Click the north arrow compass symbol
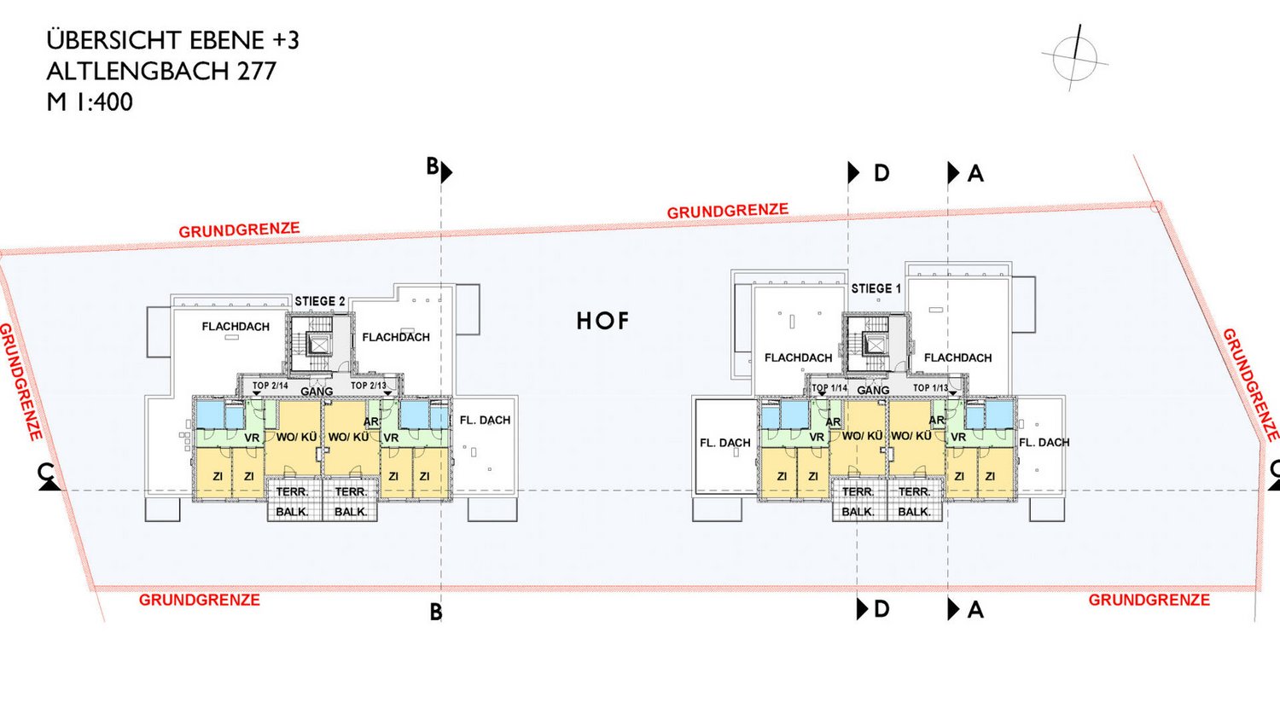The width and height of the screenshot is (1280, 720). [x=1074, y=58]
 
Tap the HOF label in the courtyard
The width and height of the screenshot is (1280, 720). [x=602, y=321]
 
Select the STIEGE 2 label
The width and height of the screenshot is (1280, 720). [x=320, y=301]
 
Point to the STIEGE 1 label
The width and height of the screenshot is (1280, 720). [x=876, y=288]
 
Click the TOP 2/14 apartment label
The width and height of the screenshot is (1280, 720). [x=271, y=386]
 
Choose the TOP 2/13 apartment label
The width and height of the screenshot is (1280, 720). [x=369, y=386]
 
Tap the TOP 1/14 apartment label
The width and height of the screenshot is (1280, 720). [x=829, y=388]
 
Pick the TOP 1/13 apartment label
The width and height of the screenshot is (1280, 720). [x=930, y=388]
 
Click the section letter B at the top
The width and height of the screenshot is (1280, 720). [x=433, y=166]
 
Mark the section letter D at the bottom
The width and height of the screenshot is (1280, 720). [x=881, y=609]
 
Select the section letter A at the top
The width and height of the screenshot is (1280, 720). [x=975, y=174]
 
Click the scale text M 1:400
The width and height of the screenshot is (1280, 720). [x=90, y=102]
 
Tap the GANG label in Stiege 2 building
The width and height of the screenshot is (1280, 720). [x=317, y=392]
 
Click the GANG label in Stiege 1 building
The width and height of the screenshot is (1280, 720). [x=873, y=390]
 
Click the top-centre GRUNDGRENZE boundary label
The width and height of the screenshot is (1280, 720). [x=727, y=211]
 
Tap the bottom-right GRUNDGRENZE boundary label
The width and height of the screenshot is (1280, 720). [x=1149, y=600]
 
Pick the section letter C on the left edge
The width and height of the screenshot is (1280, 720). [x=45, y=472]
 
